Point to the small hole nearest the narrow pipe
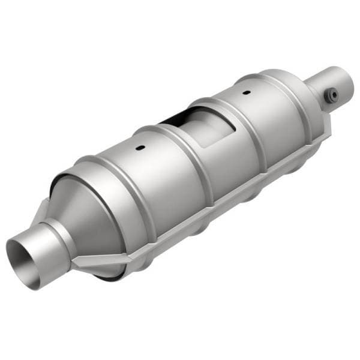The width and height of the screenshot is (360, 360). coord(245,93)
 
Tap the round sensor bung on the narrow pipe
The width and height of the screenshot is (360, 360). coord(329,95)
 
